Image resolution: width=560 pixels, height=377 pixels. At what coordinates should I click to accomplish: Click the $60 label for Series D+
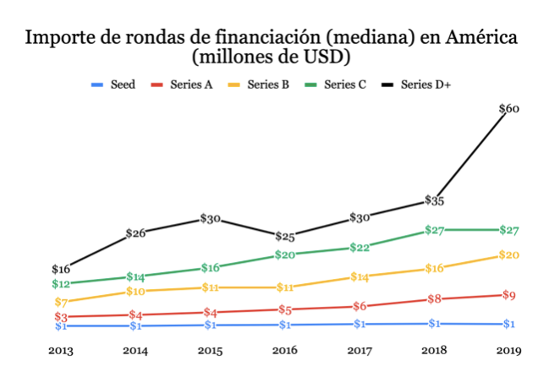click(509, 109)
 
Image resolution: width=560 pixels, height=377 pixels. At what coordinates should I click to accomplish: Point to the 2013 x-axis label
click(61, 350)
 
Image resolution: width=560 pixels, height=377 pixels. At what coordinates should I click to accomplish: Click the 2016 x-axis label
click(285, 350)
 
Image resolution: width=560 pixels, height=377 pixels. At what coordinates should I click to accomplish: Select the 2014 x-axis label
click(135, 350)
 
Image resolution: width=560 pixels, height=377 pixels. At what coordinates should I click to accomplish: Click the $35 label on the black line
click(435, 201)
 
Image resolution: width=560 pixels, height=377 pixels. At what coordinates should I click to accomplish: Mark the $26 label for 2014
click(135, 233)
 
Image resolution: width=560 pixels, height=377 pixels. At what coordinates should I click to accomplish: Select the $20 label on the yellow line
click(509, 255)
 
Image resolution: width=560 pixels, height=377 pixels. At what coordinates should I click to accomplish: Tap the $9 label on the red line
click(509, 295)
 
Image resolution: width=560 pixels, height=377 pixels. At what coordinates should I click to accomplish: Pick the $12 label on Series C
click(61, 284)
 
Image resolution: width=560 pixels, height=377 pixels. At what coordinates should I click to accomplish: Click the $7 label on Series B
click(61, 302)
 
